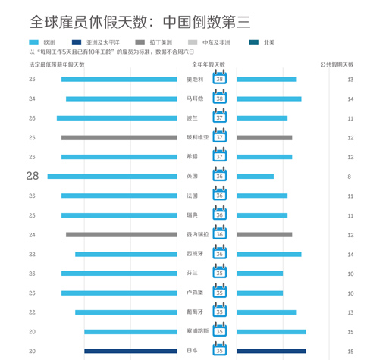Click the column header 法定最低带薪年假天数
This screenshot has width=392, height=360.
pyautogui.click(x=57, y=65)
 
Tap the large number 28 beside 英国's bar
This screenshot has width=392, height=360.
pyautogui.click(x=32, y=176)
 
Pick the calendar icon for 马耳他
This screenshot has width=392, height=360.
pyautogui.click(x=219, y=99)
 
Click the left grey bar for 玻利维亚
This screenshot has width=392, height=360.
pyautogui.click(x=119, y=137)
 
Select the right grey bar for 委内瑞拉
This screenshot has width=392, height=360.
pyautogui.click(x=264, y=234)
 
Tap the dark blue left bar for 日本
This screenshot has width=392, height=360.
pyautogui.click(x=130, y=351)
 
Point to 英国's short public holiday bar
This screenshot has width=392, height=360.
pyautogui.click(x=255, y=176)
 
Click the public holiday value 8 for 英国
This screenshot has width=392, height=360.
pyautogui.click(x=350, y=176)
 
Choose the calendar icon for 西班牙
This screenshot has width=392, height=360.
pyautogui.click(x=219, y=254)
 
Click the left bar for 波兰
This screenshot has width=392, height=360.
pyautogui.click(x=117, y=118)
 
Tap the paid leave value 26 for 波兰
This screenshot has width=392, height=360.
pyautogui.click(x=32, y=118)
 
